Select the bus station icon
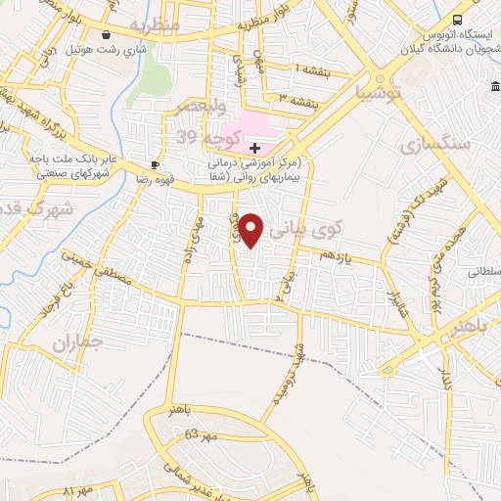457,20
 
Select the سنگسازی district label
435,144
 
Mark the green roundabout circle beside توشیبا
381,79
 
